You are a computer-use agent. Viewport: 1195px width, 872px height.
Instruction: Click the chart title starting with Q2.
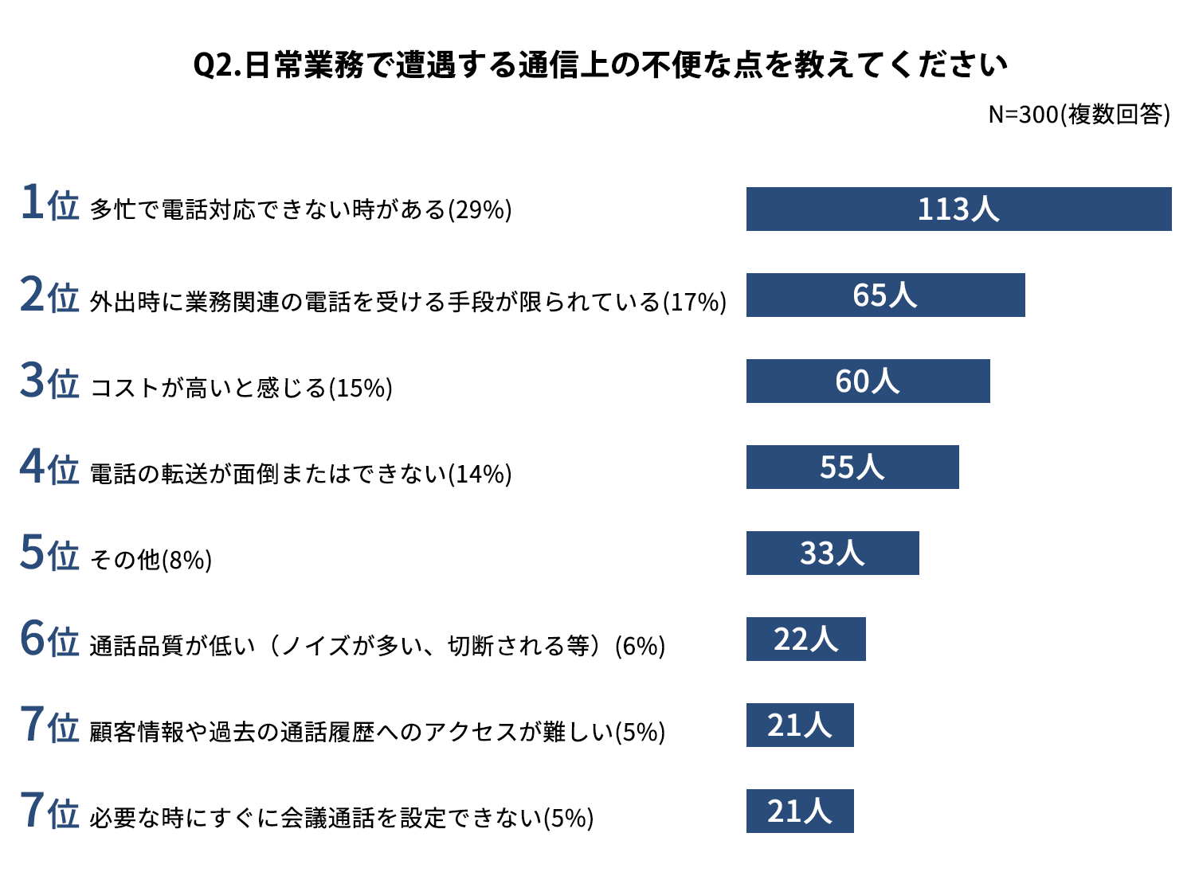pos(600,65)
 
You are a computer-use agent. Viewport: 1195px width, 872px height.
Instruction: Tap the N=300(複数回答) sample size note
pos(1079,115)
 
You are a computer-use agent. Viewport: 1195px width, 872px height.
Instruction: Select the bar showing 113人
pos(958,209)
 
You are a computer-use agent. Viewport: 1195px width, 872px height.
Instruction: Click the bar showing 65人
pos(885,295)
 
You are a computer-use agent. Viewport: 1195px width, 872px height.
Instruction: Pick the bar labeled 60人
pos(868,381)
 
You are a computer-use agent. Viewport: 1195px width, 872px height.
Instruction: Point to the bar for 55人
pos(852,467)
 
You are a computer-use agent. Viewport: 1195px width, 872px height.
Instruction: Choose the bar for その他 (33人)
pos(833,553)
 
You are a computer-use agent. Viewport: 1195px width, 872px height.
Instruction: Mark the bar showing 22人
pos(805,639)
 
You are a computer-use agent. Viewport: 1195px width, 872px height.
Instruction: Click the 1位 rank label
pos(49,203)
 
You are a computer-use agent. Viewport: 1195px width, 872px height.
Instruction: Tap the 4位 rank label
pos(49,467)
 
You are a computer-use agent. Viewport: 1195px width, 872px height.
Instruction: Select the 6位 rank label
pos(49,639)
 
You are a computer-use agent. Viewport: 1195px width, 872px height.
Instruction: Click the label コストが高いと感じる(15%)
pos(241,389)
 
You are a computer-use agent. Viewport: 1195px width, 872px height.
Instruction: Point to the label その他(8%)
pos(151,561)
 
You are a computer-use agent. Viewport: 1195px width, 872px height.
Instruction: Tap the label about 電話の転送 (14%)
pos(300,475)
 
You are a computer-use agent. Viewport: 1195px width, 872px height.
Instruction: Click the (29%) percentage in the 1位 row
pos(480,210)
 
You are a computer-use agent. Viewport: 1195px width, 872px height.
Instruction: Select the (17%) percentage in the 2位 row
pos(695,303)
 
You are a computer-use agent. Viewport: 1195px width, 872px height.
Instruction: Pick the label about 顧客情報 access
pos(377,733)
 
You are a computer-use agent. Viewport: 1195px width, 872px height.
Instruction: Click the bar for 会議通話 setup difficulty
pos(800,811)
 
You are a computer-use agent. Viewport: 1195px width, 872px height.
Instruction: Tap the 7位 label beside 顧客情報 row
pos(49,725)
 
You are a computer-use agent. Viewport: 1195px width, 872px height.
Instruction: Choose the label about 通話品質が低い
pos(377,647)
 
